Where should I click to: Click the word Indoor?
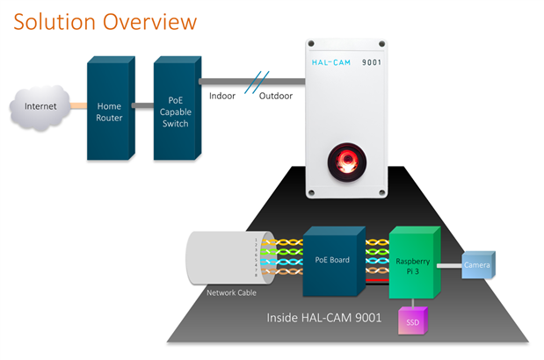(x=221, y=97)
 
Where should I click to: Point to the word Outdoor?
(x=276, y=97)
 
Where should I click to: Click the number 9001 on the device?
(x=372, y=63)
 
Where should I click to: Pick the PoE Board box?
(x=332, y=262)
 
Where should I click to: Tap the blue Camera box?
(x=477, y=264)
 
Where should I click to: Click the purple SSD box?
(x=413, y=321)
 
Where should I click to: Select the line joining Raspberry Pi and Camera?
(x=451, y=264)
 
